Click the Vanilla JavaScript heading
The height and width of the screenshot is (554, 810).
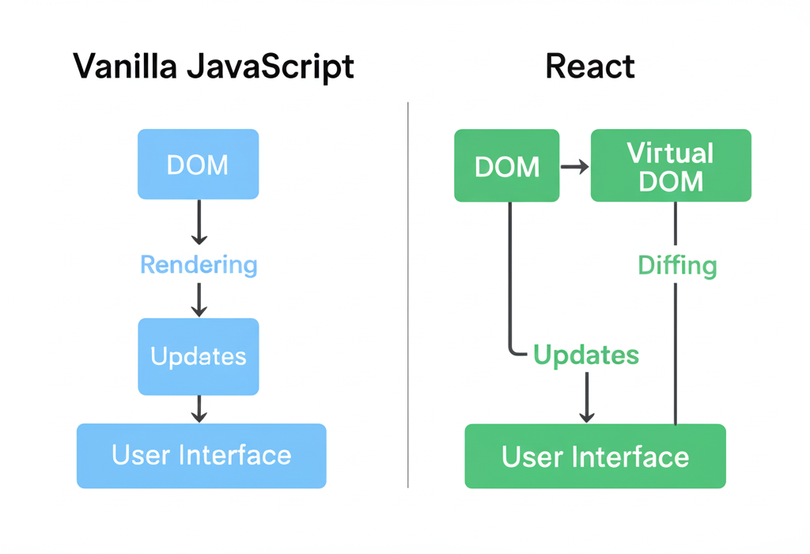[x=214, y=67]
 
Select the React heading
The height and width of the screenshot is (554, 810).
[x=590, y=67]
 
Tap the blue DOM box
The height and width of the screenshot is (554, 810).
[x=198, y=164]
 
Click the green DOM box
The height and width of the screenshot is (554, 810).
[x=506, y=166]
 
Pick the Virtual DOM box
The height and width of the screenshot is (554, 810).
[x=671, y=166]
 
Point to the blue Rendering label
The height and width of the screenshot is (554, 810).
[x=199, y=264]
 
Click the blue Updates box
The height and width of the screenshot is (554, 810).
[x=198, y=356]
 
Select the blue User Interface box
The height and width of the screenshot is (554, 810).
[x=201, y=456]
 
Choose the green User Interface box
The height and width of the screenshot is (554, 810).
[x=595, y=457]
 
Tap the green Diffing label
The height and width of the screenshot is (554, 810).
[x=677, y=265]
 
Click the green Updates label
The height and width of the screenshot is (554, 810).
[x=585, y=355]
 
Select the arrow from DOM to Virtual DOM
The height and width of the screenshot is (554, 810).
[x=575, y=166]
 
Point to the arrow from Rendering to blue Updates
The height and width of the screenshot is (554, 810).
[x=199, y=299]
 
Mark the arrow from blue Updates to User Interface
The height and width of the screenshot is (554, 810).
[x=199, y=408]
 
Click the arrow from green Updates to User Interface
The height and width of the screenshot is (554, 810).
[x=586, y=397]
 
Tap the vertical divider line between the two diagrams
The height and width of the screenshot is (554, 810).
[x=408, y=293]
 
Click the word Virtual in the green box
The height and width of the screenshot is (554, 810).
[x=670, y=153]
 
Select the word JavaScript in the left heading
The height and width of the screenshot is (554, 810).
[x=271, y=67]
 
